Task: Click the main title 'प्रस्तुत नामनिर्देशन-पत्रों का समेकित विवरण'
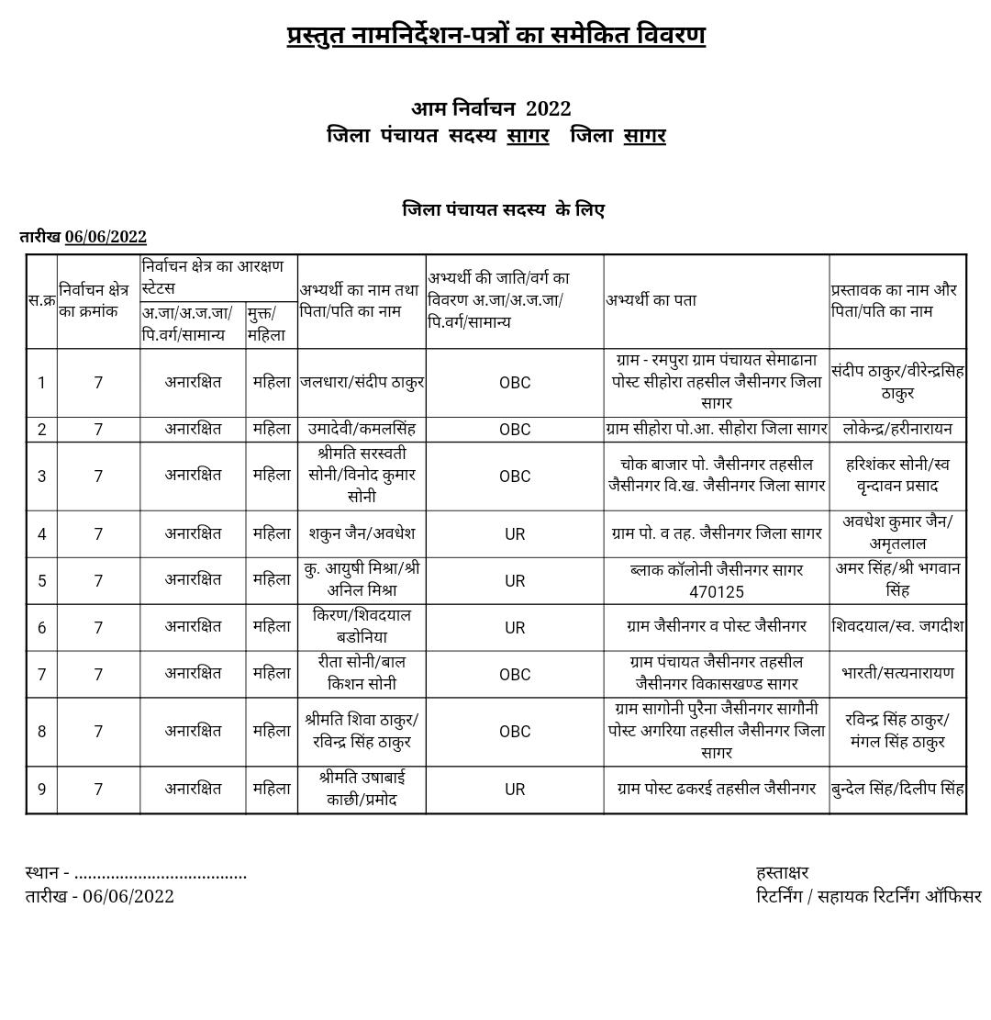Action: (x=495, y=36)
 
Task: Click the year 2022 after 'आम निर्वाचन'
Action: (x=548, y=108)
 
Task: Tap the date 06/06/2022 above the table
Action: (x=106, y=237)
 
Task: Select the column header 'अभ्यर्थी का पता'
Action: (x=651, y=299)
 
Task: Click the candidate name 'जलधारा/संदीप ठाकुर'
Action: (x=362, y=382)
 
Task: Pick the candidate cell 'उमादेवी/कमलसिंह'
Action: (x=362, y=429)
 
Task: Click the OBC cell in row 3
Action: (x=515, y=476)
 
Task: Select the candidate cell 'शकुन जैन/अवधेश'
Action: (x=362, y=533)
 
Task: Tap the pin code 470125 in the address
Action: (x=717, y=592)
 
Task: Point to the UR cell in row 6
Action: (x=515, y=628)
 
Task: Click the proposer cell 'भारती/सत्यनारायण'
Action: (x=897, y=673)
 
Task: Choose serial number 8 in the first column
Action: (x=41, y=732)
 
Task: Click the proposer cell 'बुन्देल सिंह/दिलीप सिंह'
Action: (x=897, y=789)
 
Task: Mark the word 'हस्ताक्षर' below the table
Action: (x=782, y=872)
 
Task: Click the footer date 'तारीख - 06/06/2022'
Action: (x=99, y=896)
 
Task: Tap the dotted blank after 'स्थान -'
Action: (x=161, y=873)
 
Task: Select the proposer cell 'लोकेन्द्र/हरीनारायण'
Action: (x=897, y=429)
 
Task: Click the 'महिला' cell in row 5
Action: (x=272, y=580)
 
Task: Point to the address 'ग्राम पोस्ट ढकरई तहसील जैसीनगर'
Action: (x=717, y=789)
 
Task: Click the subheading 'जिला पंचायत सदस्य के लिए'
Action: (x=504, y=209)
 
